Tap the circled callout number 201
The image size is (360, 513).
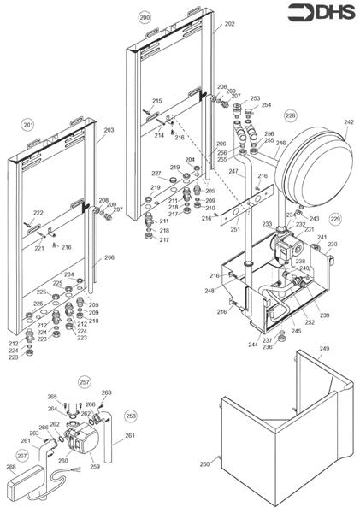pos(28,125)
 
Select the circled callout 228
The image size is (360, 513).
pos(291,114)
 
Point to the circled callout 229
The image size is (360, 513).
pos(334,220)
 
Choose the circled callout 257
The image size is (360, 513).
pos(84,382)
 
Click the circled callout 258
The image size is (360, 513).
pos(130,416)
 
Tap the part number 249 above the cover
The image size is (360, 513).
pos(324,349)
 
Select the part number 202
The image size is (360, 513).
pos(229,25)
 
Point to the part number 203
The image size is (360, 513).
pos(109,131)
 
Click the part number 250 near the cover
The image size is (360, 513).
pos(204,463)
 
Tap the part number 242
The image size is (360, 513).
pos(348,122)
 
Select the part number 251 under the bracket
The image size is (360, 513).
pos(235,230)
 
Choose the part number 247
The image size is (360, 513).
pos(233,172)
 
